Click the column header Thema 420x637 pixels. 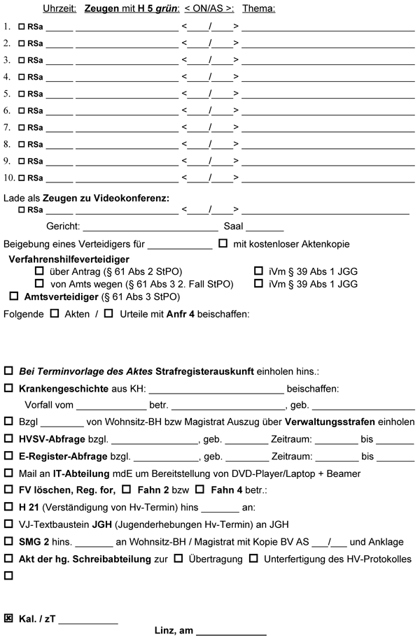click(x=259, y=8)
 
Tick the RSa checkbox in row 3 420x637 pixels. click(x=22, y=59)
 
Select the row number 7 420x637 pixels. click(x=6, y=127)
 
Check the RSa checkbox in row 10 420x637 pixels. click(x=22, y=178)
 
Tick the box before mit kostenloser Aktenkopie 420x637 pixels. click(x=223, y=244)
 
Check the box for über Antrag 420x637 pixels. click(x=39, y=271)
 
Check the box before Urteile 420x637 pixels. click(x=108, y=314)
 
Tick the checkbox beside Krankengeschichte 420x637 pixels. click(x=9, y=388)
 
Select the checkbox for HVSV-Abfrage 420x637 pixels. click(x=9, y=439)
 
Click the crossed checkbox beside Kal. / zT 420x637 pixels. click(x=9, y=618)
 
